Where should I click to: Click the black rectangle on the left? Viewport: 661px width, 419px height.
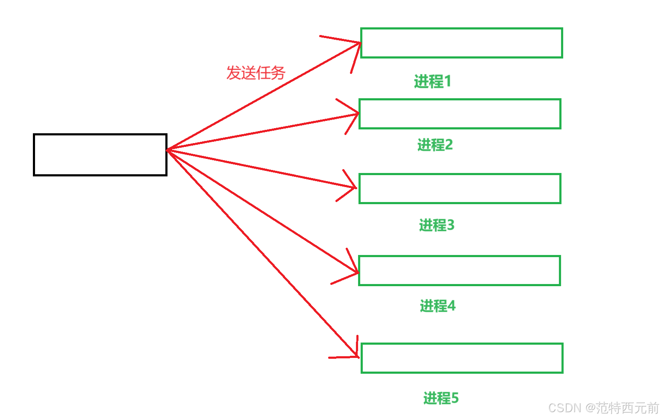(x=100, y=155)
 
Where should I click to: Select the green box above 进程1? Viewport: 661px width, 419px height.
(x=461, y=43)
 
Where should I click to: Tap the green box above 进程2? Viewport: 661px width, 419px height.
(x=460, y=114)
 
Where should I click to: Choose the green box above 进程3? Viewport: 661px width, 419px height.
(x=460, y=188)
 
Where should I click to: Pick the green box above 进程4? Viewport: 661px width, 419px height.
(x=459, y=270)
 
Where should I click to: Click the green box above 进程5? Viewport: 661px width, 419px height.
(x=462, y=358)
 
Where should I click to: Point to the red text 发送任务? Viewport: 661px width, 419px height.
(x=256, y=73)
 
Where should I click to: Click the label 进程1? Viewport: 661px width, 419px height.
(x=432, y=81)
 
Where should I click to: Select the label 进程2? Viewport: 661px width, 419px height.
(x=435, y=145)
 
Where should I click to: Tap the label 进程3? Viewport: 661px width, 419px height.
(x=437, y=225)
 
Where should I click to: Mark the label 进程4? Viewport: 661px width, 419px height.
(x=438, y=306)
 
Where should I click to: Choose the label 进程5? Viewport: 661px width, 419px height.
(x=441, y=398)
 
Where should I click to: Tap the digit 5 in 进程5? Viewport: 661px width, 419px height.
(x=455, y=398)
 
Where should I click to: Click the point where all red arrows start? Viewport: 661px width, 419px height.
(x=168, y=150)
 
